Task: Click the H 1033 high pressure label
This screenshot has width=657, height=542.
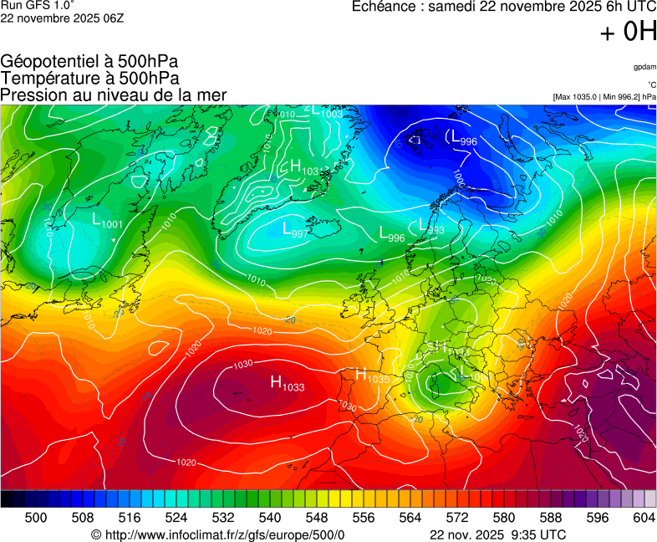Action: point(287,383)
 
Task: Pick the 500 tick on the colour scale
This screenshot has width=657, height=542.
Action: point(36,518)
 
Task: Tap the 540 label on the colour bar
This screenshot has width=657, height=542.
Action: point(270,518)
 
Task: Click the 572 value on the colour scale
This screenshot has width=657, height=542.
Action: point(457,518)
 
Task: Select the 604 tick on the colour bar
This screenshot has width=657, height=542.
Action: point(644,518)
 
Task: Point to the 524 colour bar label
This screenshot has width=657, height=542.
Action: point(176,518)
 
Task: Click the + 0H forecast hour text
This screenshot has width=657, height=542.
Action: point(628,32)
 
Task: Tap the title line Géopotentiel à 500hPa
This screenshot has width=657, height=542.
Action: point(89,62)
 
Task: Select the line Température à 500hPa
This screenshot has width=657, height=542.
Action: point(89,79)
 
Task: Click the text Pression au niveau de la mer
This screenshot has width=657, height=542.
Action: point(114,95)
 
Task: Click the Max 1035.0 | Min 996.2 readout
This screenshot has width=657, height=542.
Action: point(604,97)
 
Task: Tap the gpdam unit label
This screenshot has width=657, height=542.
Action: point(644,67)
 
